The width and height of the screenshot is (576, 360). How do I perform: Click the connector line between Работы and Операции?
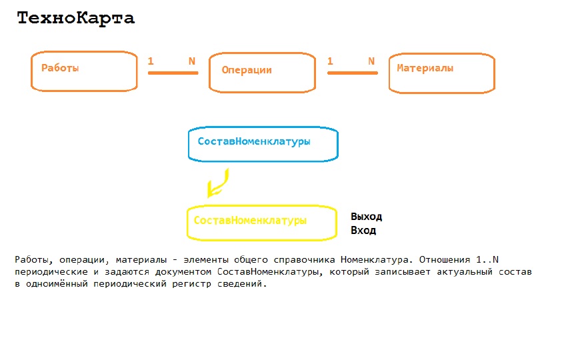coord(173,73)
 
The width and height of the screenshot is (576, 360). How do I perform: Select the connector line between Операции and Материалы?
coord(353,73)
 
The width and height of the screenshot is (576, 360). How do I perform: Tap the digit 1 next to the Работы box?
coord(151,61)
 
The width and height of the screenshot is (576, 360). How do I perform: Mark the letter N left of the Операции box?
coord(192,61)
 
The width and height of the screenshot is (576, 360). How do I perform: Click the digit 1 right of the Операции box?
coord(330,61)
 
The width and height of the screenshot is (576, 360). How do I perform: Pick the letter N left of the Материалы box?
coord(371,61)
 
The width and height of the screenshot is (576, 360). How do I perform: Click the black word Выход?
coord(366,217)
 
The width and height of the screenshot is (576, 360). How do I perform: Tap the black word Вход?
coord(363,231)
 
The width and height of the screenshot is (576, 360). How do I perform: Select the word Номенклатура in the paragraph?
coord(375,260)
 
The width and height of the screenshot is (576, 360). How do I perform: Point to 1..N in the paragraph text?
coord(487,260)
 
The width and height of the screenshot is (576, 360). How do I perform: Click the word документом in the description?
coord(183,272)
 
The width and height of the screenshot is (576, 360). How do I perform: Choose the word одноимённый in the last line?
coord(57,284)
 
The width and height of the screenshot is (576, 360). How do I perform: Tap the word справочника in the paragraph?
coord(304,260)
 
